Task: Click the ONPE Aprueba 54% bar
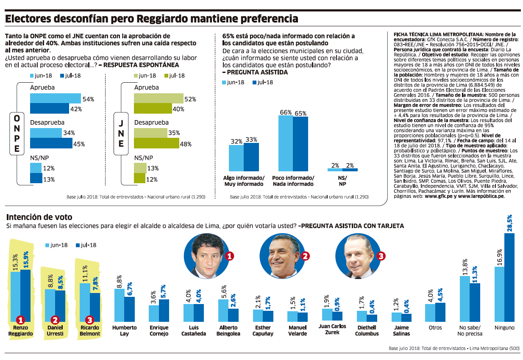point(55,98)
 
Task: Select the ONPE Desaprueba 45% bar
point(51,143)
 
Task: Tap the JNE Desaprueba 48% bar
point(156,143)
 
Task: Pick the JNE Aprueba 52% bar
point(158,98)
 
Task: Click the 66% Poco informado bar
point(285,143)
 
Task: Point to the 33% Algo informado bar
point(251,157)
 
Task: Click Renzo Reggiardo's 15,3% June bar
point(15,297)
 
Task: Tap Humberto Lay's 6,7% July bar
point(129,309)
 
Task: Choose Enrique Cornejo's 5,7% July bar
point(164,310)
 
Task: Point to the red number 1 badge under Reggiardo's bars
point(20,320)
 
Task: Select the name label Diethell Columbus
point(367,330)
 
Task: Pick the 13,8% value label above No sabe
point(465,268)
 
